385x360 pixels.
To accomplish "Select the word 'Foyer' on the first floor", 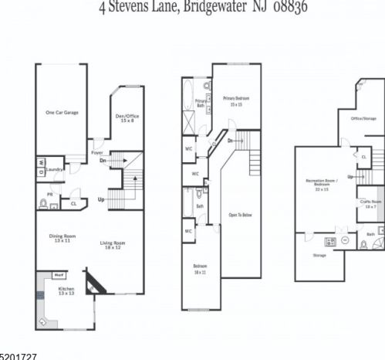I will click(96, 152).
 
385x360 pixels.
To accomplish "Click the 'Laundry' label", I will click(54, 168).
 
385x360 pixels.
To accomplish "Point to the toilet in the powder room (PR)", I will click(44, 204).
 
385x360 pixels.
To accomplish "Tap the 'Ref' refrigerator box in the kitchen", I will click(59, 274).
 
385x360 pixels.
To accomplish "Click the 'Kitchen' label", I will click(67, 291).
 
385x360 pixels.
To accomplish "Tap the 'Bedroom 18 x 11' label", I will click(201, 268).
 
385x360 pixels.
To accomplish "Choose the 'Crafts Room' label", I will click(370, 204).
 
